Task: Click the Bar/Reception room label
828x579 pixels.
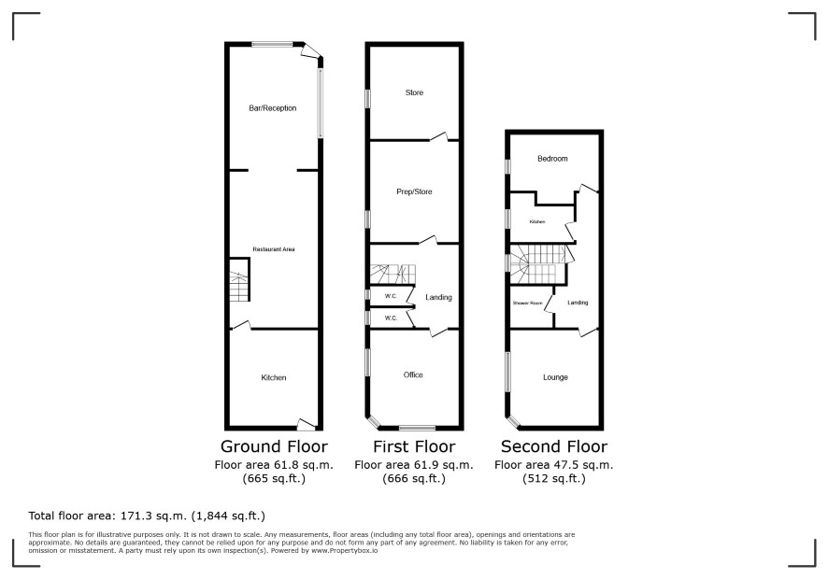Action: (273, 108)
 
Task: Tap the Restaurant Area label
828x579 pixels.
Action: (274, 249)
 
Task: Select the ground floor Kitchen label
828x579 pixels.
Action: (274, 377)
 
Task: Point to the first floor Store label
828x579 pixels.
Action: (414, 92)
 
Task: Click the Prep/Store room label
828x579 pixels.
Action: (414, 191)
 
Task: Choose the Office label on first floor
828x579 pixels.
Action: (413, 374)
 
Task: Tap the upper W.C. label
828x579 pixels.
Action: (391, 296)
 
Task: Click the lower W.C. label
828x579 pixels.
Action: (391, 318)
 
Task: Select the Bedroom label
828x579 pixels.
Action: (552, 159)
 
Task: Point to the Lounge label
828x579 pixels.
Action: (555, 377)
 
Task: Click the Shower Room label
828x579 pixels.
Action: (527, 303)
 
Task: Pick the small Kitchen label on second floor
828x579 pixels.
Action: (537, 221)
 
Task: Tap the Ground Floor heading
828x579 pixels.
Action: (274, 446)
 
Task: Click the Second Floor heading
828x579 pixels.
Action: (554, 446)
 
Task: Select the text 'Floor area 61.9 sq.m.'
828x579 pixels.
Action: (414, 465)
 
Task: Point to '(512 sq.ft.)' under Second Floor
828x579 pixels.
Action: (554, 479)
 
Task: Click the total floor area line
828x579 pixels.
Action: (147, 515)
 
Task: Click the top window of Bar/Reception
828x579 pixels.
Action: (272, 44)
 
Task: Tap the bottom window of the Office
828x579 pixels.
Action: (417, 428)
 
